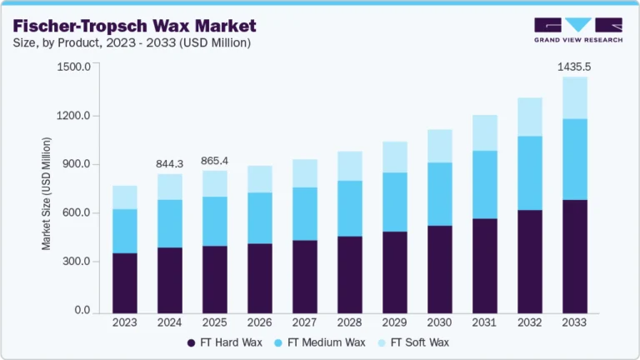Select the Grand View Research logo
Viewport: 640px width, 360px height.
[577, 29]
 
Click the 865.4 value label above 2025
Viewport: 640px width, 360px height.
[215, 160]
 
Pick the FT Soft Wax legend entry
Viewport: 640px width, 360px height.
[420, 342]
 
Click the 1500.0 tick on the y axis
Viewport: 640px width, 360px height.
[73, 67]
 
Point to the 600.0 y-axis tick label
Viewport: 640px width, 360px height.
[76, 213]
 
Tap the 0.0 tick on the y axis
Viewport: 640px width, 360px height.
[82, 311]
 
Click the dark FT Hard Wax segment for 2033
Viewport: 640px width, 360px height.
[574, 256]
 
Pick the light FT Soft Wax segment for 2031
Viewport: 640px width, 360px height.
[484, 132]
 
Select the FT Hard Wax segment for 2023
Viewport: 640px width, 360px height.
[125, 282]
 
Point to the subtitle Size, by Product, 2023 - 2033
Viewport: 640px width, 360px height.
[132, 42]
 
